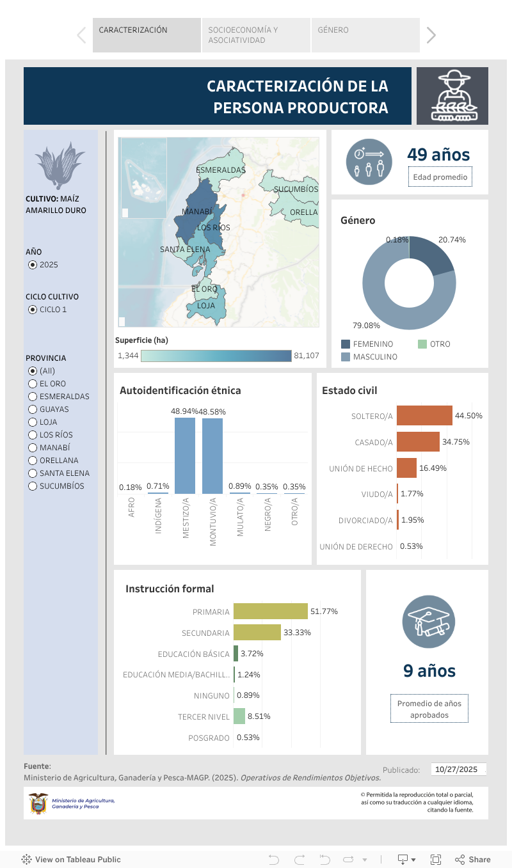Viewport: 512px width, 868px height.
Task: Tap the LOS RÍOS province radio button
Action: tap(33, 435)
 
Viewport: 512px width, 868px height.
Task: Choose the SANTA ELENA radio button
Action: tap(33, 473)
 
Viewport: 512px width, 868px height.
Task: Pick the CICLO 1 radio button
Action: tap(33, 310)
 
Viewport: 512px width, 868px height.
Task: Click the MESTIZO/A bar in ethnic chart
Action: tap(185, 455)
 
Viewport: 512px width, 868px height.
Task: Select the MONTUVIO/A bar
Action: tap(212, 455)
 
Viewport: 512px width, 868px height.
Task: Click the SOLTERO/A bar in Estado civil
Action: tap(424, 416)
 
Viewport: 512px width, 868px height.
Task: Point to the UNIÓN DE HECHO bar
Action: tap(406, 468)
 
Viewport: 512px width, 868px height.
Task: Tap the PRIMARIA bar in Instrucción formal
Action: tap(270, 612)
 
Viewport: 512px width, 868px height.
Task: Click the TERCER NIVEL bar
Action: tap(239, 716)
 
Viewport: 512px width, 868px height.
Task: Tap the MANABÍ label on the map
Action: tap(197, 212)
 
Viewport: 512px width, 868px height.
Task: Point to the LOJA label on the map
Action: tap(206, 306)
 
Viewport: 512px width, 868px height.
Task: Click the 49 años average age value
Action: tap(438, 155)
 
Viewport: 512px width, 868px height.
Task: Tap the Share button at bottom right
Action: tap(473, 860)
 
